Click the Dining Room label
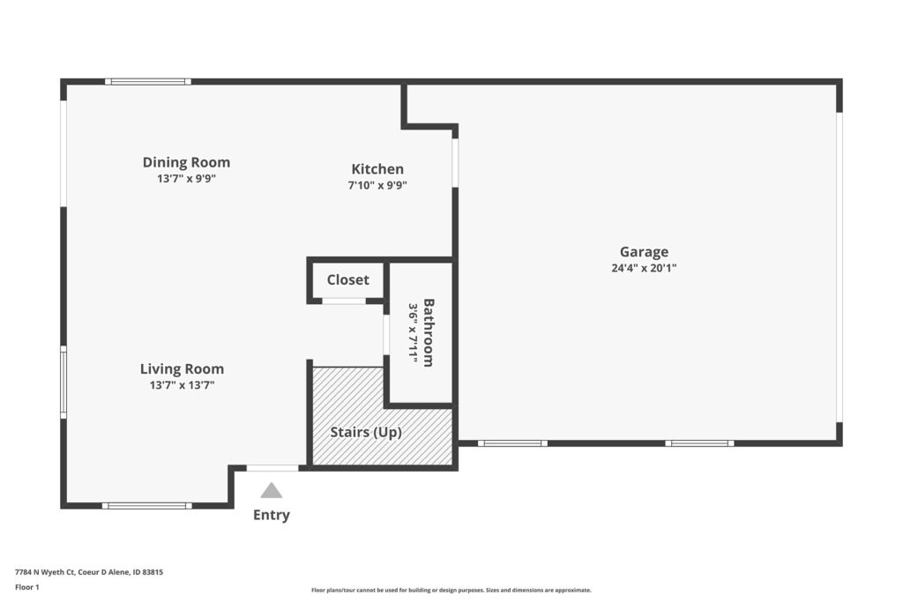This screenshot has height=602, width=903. (x=186, y=162)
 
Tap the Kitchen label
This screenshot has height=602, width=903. (x=377, y=169)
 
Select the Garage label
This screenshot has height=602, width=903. (x=644, y=252)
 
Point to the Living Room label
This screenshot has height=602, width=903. (x=182, y=369)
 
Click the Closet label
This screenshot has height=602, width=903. (x=347, y=279)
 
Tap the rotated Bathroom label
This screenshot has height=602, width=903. (x=429, y=332)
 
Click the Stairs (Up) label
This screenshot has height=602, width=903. (x=366, y=432)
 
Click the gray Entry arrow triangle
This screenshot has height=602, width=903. (x=272, y=490)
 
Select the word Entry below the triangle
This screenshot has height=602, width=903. (x=272, y=515)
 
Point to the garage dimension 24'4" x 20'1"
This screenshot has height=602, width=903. (x=644, y=268)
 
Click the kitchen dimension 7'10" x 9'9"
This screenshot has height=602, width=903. (x=377, y=185)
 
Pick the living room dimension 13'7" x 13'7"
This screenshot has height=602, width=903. (x=182, y=385)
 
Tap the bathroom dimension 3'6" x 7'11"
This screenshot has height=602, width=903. (x=413, y=333)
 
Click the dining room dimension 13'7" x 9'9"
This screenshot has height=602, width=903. (x=186, y=178)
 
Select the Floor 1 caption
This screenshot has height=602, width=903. (x=27, y=587)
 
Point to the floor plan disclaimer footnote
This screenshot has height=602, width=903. (x=451, y=590)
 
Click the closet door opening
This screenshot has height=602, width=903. (x=344, y=301)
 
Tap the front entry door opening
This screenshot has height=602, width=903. (x=272, y=468)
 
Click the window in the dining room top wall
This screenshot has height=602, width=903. (x=148, y=82)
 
